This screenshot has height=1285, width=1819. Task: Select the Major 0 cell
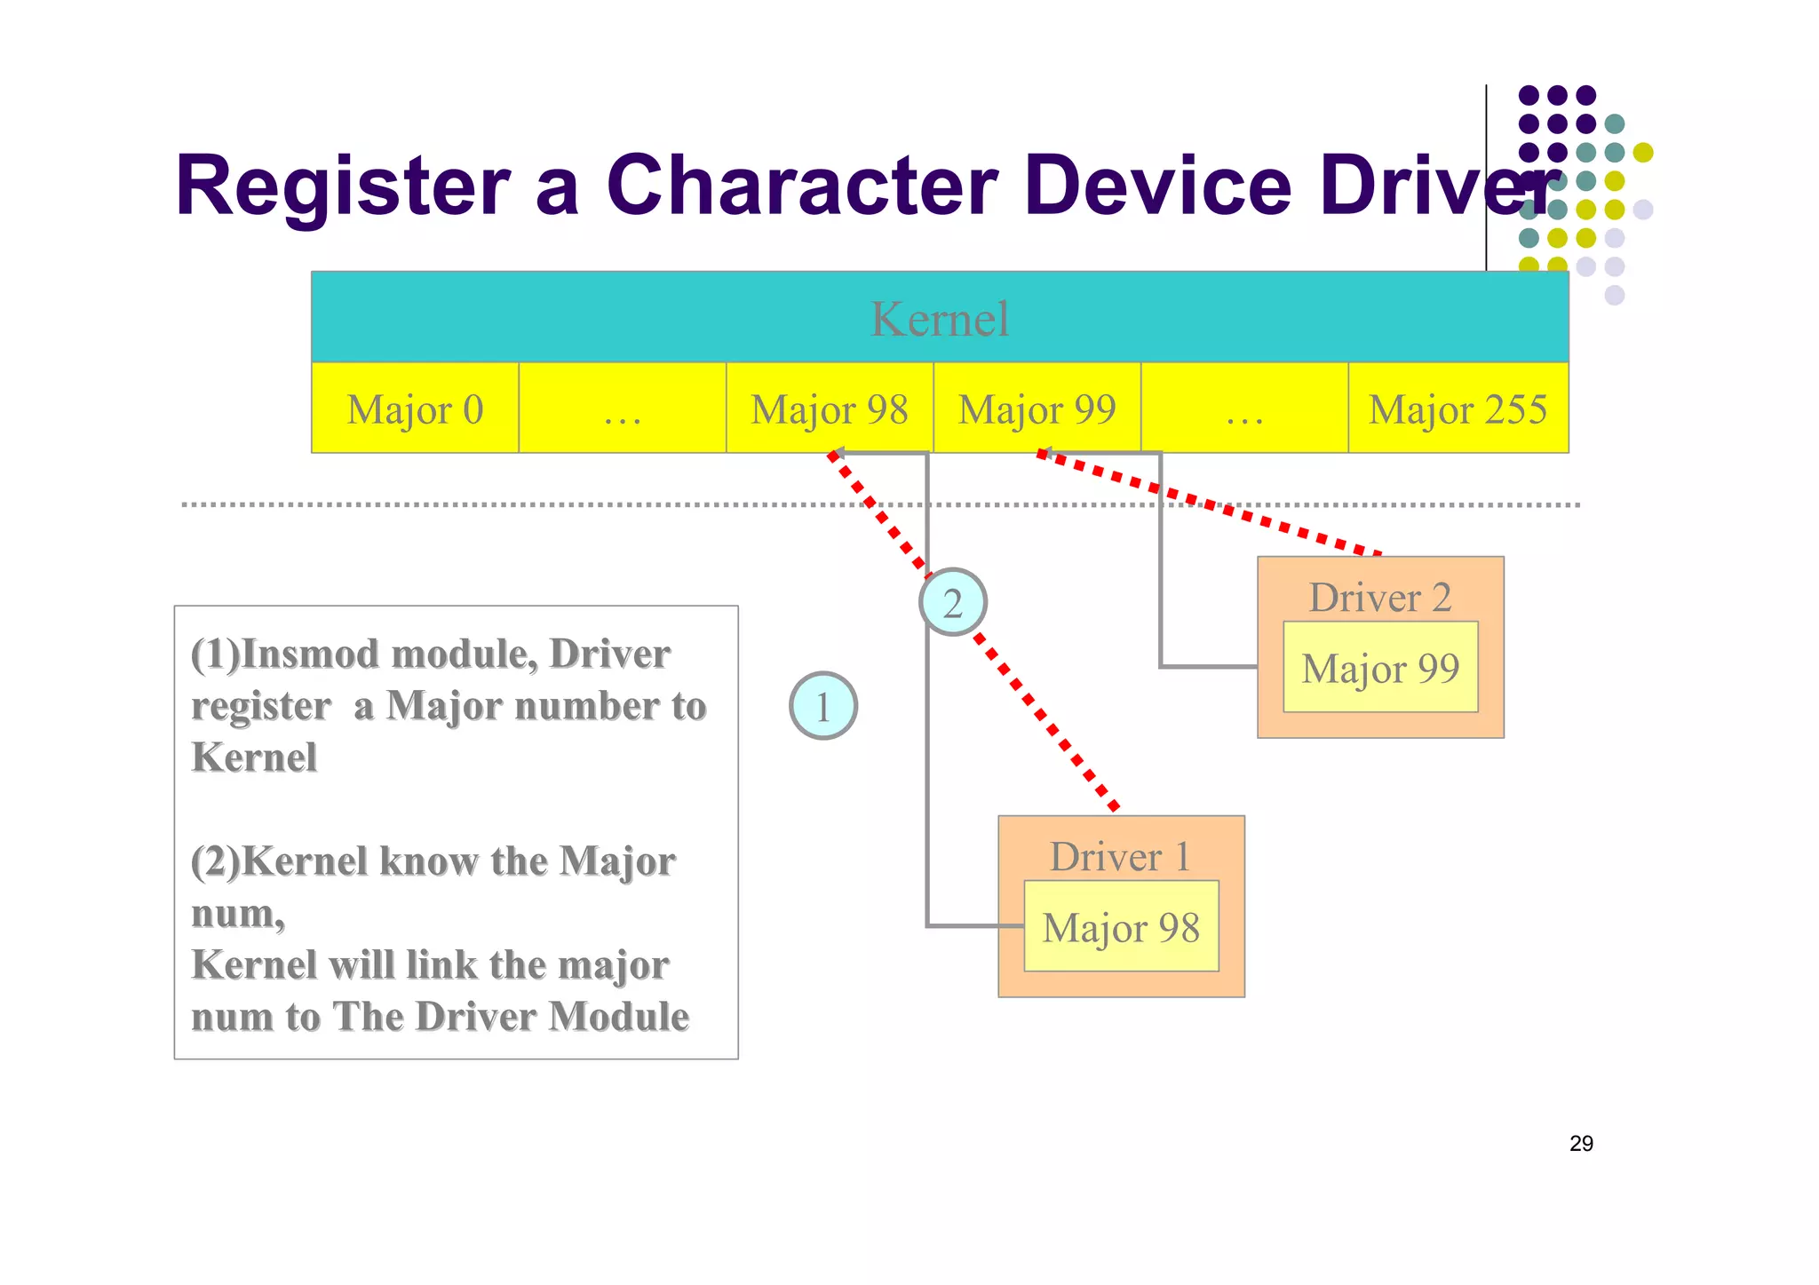click(x=415, y=409)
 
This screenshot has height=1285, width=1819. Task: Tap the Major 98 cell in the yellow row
click(x=830, y=409)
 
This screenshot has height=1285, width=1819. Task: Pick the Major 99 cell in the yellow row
click(x=1037, y=409)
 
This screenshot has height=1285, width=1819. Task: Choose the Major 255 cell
click(x=1458, y=409)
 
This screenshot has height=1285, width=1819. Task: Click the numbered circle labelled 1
click(x=823, y=706)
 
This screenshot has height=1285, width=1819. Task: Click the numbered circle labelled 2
click(x=953, y=603)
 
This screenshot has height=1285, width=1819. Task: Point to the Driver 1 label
click(x=1120, y=856)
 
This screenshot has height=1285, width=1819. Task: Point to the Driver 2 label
click(x=1379, y=597)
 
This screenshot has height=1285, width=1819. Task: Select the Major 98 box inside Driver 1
click(x=1121, y=926)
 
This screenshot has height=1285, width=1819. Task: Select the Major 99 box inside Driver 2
click(x=1380, y=667)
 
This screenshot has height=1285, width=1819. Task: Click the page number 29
click(x=1581, y=1143)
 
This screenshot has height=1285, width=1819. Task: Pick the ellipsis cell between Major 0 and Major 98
click(x=622, y=409)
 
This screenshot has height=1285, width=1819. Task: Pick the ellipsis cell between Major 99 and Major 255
click(x=1244, y=409)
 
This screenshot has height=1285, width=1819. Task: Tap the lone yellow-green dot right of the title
click(x=1643, y=153)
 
